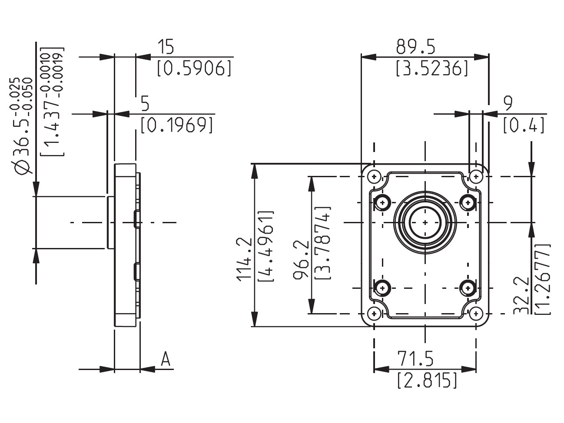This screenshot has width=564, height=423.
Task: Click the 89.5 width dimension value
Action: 416,46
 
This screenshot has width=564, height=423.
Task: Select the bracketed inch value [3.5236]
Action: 433,69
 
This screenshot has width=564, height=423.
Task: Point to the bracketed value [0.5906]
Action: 194,69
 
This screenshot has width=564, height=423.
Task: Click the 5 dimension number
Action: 145,104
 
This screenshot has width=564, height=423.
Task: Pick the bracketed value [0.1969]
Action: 177,126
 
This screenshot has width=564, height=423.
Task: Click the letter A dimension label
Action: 165,360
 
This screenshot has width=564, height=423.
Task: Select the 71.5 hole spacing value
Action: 415,359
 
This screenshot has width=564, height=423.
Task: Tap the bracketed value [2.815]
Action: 427,380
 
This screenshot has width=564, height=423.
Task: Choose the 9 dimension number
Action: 508,103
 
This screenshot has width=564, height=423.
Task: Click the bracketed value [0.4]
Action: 524,126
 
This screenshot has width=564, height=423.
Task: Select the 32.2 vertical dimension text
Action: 521,295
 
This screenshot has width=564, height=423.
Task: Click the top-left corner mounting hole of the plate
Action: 374,177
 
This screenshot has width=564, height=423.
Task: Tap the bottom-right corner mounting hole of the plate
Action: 476,313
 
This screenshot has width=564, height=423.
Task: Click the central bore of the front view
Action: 425,222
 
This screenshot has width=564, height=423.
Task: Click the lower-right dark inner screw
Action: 468,287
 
